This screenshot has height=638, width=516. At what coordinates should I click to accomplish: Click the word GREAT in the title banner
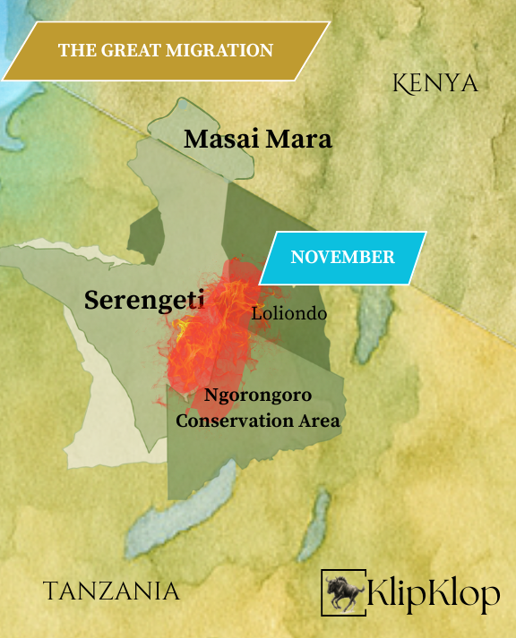coord(122,50)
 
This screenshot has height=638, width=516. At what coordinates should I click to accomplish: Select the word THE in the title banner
coord(75,50)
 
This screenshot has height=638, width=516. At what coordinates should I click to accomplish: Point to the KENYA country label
coord(435,83)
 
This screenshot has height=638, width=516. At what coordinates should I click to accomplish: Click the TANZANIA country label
coord(111,591)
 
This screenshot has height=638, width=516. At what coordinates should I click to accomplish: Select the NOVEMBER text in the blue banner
coord(342,258)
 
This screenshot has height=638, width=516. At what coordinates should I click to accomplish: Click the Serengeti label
coord(143,301)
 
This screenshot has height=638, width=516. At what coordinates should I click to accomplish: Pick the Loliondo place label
coord(288,314)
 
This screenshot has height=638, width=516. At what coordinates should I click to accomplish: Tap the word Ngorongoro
coord(259,395)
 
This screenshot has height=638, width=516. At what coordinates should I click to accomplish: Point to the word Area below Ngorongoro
coord(319,420)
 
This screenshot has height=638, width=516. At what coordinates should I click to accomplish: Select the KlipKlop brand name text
coord(434,593)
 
